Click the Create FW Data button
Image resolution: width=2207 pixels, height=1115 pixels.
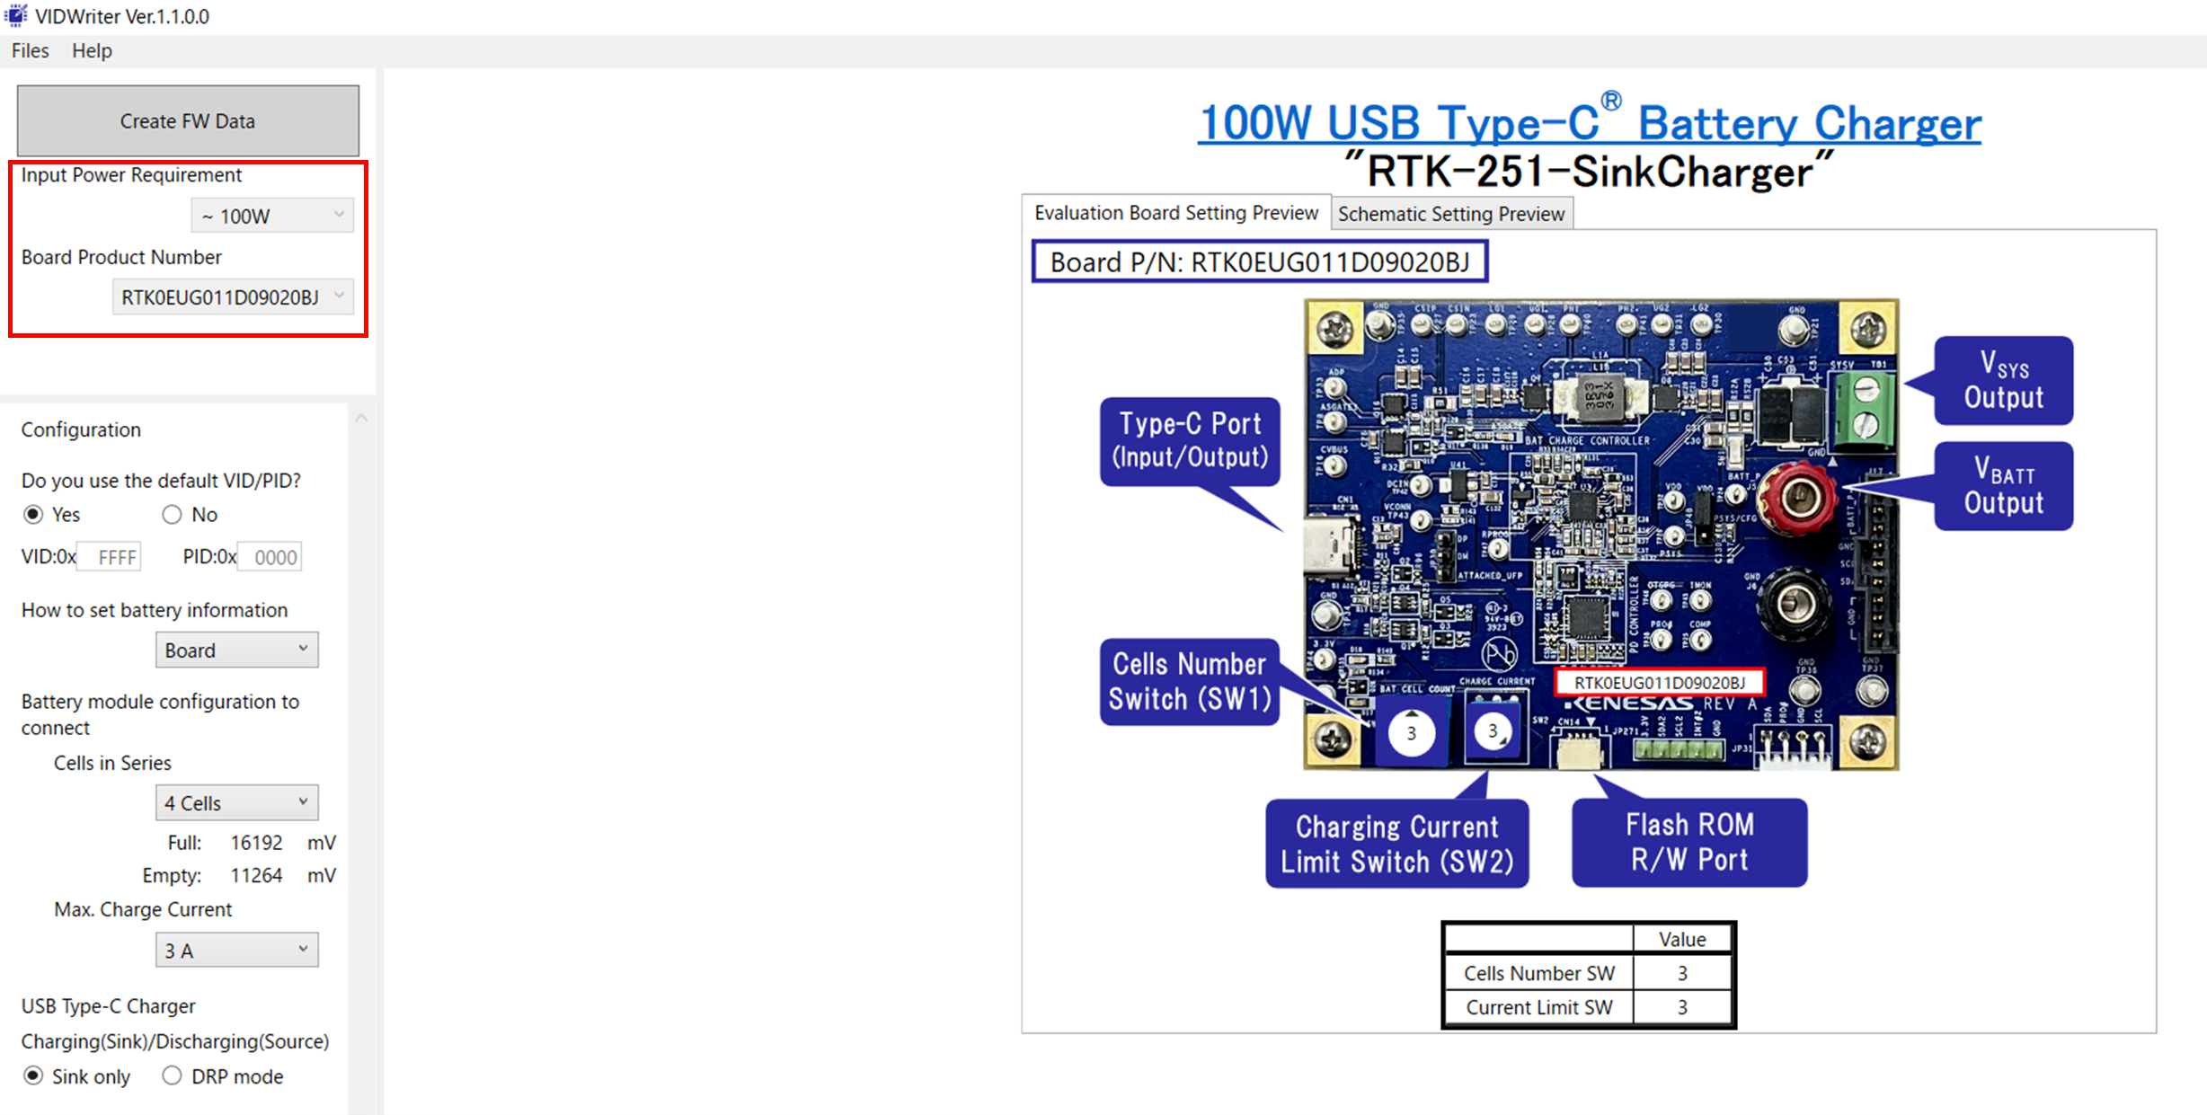188,121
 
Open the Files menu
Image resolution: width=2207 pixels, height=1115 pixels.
30,51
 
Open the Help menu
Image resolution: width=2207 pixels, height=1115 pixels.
92,51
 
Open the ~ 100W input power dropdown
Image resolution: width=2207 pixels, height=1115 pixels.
272,216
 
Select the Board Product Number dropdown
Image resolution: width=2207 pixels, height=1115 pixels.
233,297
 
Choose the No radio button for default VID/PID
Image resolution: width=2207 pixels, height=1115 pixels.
172,515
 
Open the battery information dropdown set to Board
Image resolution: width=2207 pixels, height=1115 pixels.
236,650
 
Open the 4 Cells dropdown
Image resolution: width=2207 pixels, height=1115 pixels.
236,802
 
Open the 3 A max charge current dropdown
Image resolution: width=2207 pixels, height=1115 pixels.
236,950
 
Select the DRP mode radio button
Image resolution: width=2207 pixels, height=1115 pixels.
172,1075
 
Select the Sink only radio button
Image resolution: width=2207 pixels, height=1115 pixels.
33,1075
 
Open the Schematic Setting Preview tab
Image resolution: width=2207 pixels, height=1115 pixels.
1450,214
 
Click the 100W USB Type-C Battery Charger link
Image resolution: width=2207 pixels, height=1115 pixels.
1589,123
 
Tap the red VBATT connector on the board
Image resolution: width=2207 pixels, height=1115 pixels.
1798,497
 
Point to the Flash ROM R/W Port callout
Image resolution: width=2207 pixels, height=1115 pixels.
1688,842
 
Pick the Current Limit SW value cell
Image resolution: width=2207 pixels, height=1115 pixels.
1682,1007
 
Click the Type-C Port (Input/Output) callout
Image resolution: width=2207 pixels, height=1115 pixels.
1190,440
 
